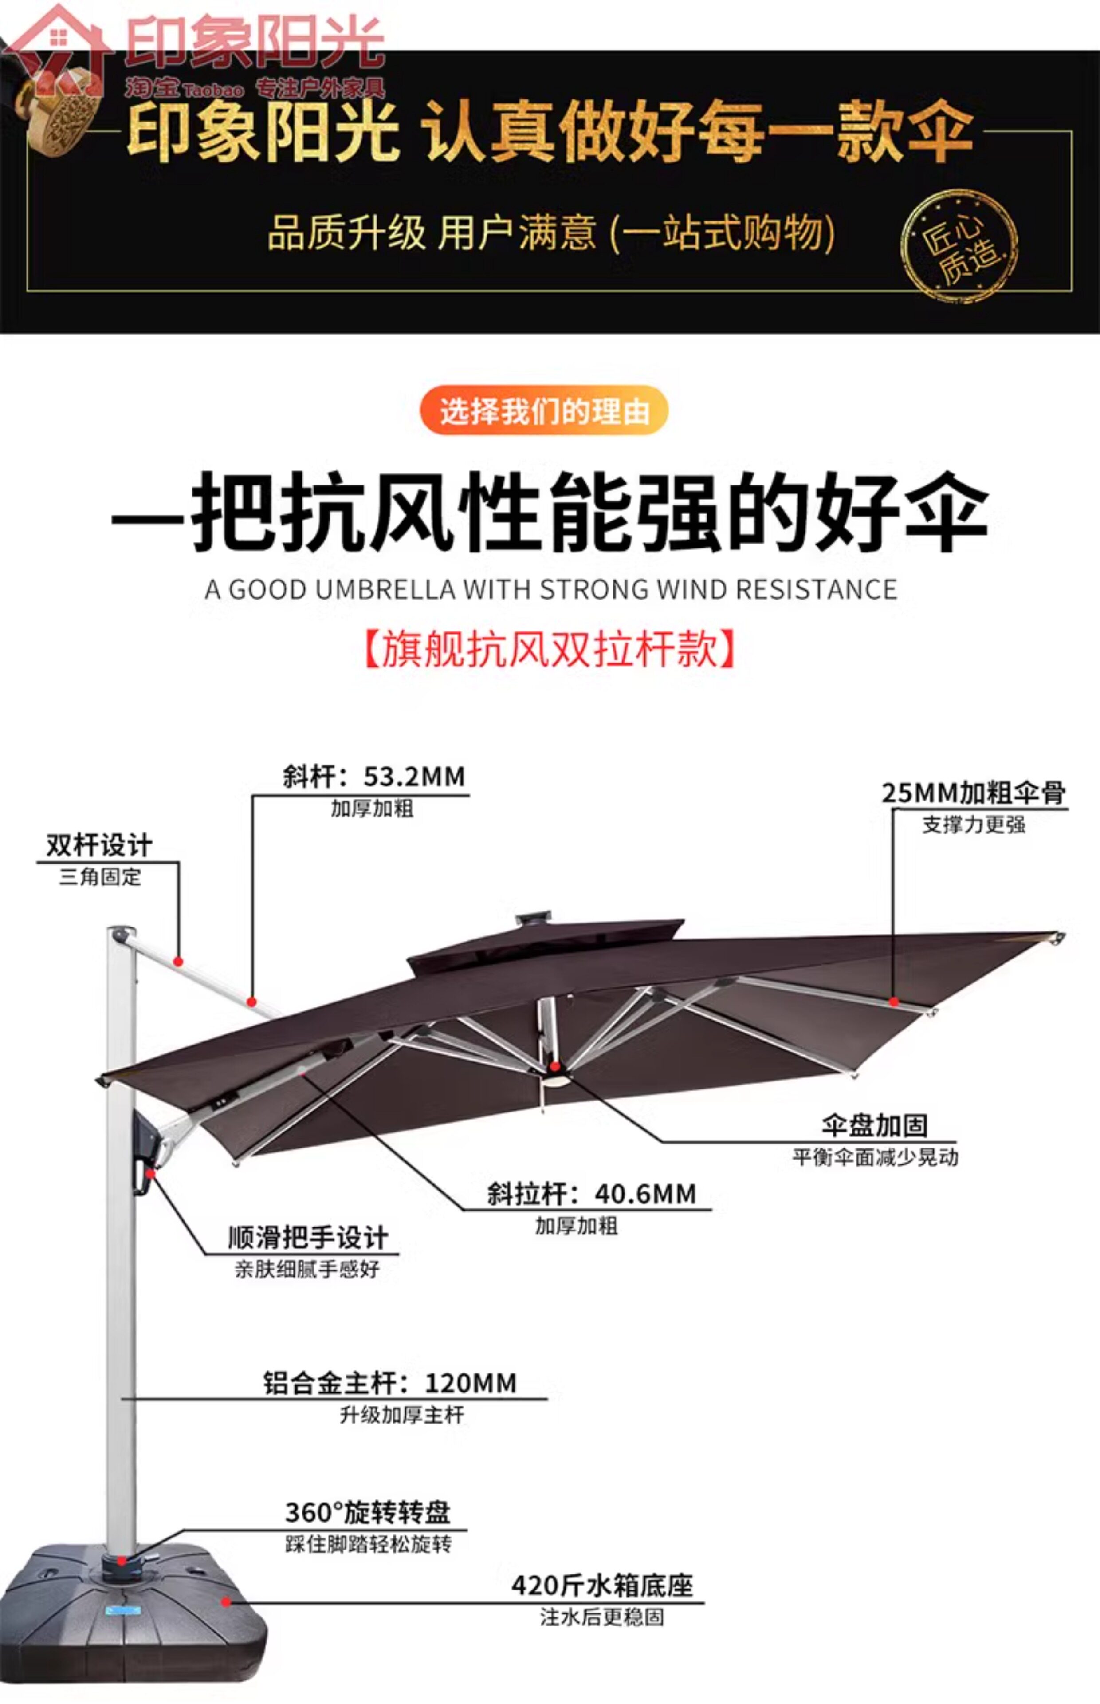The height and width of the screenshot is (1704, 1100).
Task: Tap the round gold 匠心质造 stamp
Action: click(959, 246)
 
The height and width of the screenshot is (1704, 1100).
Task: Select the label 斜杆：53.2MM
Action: click(373, 777)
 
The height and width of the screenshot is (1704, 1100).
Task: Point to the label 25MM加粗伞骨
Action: click(974, 793)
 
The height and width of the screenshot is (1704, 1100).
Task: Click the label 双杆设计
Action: click(99, 846)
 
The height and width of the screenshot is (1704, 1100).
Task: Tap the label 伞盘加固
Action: click(874, 1126)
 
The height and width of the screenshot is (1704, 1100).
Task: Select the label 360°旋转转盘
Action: click(368, 1513)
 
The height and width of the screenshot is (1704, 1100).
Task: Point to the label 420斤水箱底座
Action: click(602, 1586)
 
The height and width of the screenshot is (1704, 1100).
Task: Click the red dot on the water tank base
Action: click(226, 1602)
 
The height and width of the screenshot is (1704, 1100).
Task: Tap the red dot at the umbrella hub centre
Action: click(555, 1067)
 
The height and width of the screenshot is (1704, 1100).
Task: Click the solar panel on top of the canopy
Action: click(534, 917)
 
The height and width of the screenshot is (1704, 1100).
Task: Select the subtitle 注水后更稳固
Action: click(602, 1617)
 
